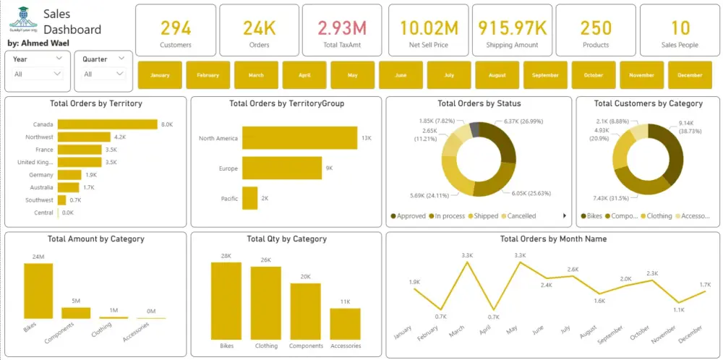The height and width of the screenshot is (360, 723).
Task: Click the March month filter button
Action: coord(256,75)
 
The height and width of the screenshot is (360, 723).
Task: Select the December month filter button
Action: coord(690,75)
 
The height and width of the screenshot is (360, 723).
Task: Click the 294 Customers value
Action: coord(176,28)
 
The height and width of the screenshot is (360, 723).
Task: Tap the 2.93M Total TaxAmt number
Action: coord(342,28)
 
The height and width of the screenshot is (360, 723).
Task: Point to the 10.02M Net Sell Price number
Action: coord(429,28)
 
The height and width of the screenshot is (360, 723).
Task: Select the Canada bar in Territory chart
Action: coord(107,124)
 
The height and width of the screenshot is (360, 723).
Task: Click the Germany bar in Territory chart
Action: coord(69,174)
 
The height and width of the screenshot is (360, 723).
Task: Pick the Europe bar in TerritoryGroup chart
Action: coord(282,168)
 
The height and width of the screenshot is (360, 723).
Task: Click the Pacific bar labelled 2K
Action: coord(250,198)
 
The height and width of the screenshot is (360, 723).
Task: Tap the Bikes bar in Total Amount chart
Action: coord(38,291)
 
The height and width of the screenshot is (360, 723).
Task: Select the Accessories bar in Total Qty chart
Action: coord(345,324)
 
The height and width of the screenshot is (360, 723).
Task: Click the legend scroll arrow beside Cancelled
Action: coord(565,216)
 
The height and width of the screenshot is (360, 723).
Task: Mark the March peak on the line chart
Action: coord(468,262)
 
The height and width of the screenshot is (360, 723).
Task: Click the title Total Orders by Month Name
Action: coord(553,239)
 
